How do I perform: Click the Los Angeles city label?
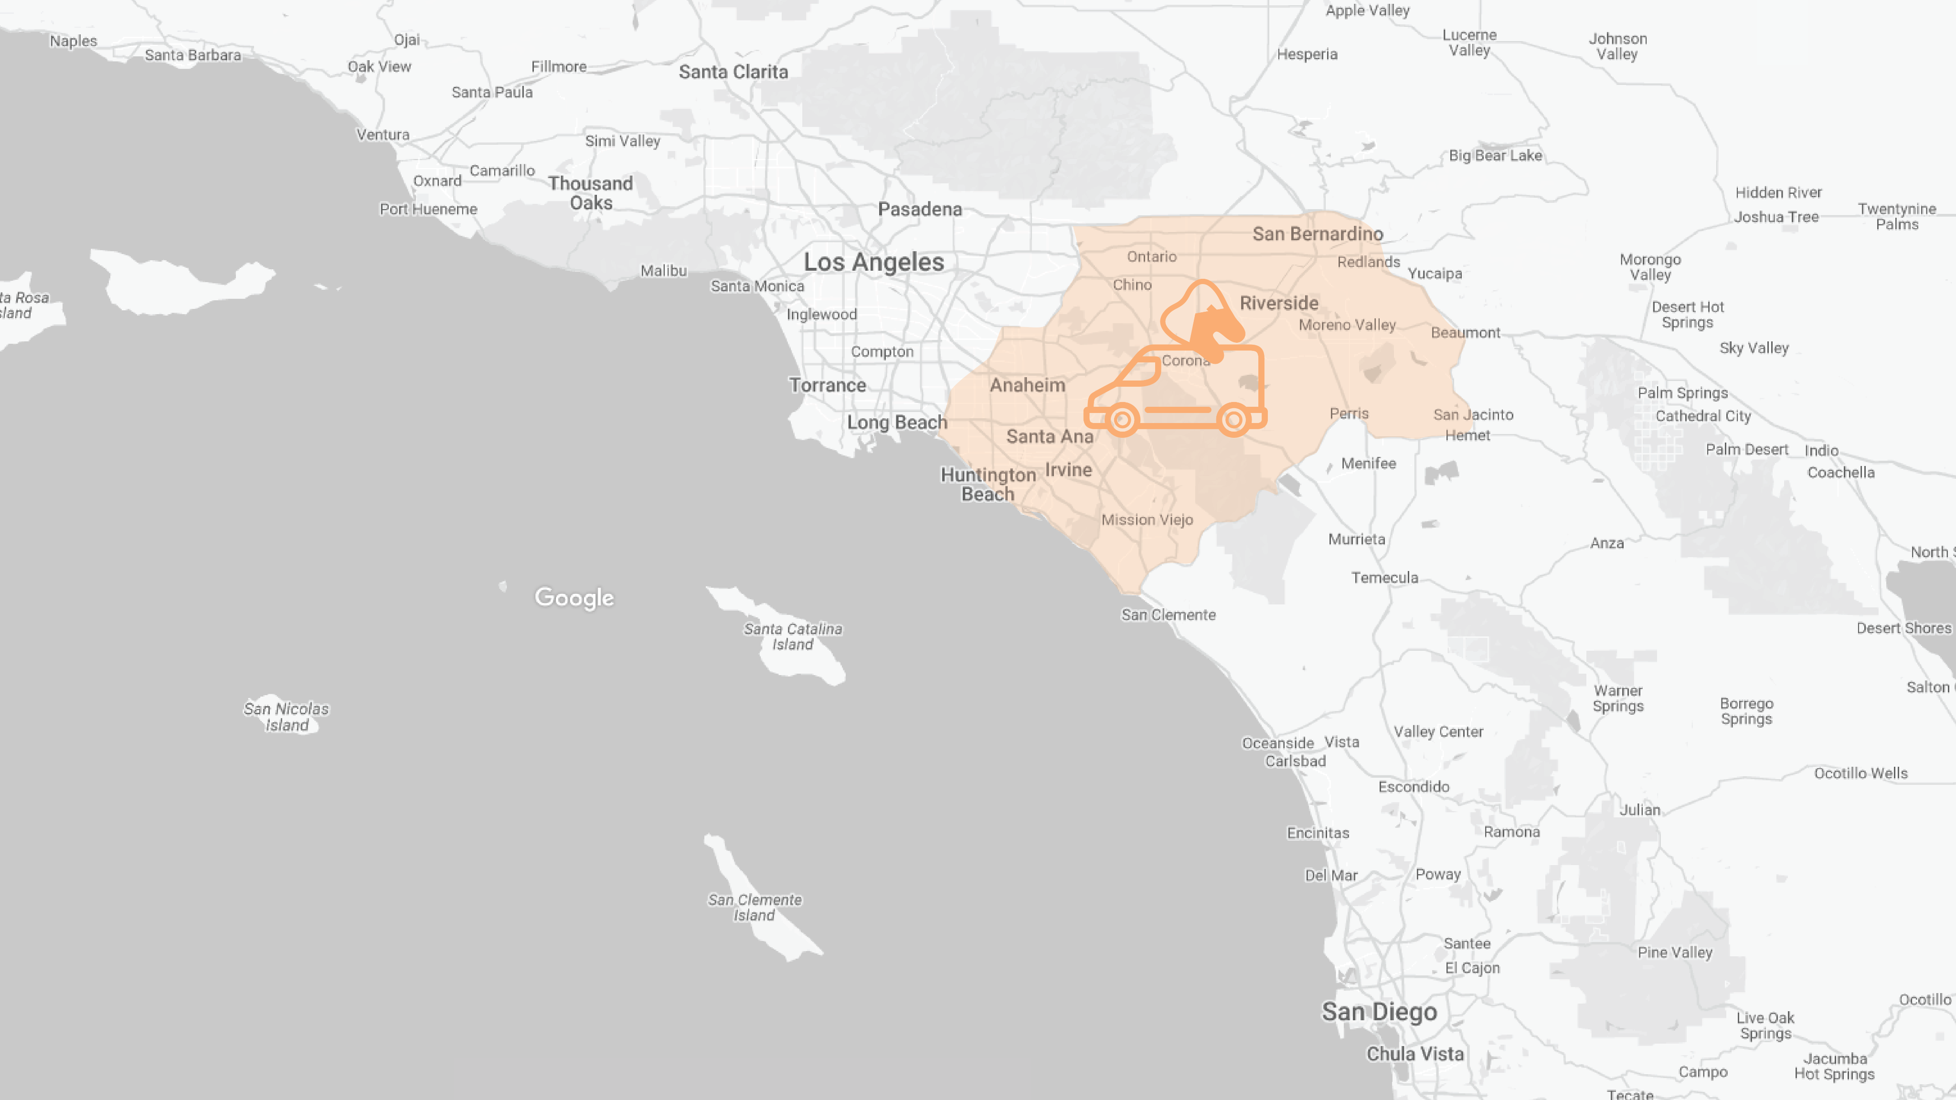[874, 262]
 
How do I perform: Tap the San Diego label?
[1379, 1012]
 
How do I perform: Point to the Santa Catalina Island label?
[793, 636]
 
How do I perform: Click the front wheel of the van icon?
[1122, 419]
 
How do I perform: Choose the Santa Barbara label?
[193, 54]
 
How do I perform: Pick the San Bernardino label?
[1318, 234]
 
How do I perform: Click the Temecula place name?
[1384, 578]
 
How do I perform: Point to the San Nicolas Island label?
[286, 717]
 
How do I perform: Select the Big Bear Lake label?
[1495, 156]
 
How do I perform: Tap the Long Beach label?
[897, 422]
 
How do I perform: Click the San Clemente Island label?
[755, 907]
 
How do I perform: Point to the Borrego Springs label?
[1746, 711]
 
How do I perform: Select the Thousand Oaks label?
[591, 193]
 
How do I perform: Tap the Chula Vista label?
[1414, 1054]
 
